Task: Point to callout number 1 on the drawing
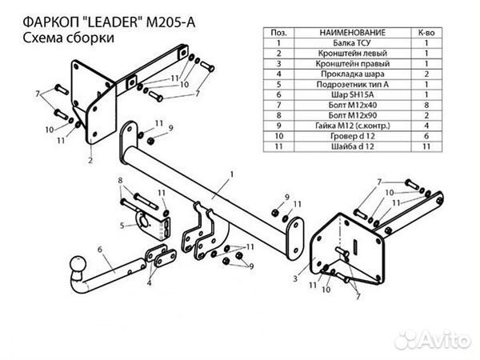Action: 230,172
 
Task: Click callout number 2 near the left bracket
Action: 90,161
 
